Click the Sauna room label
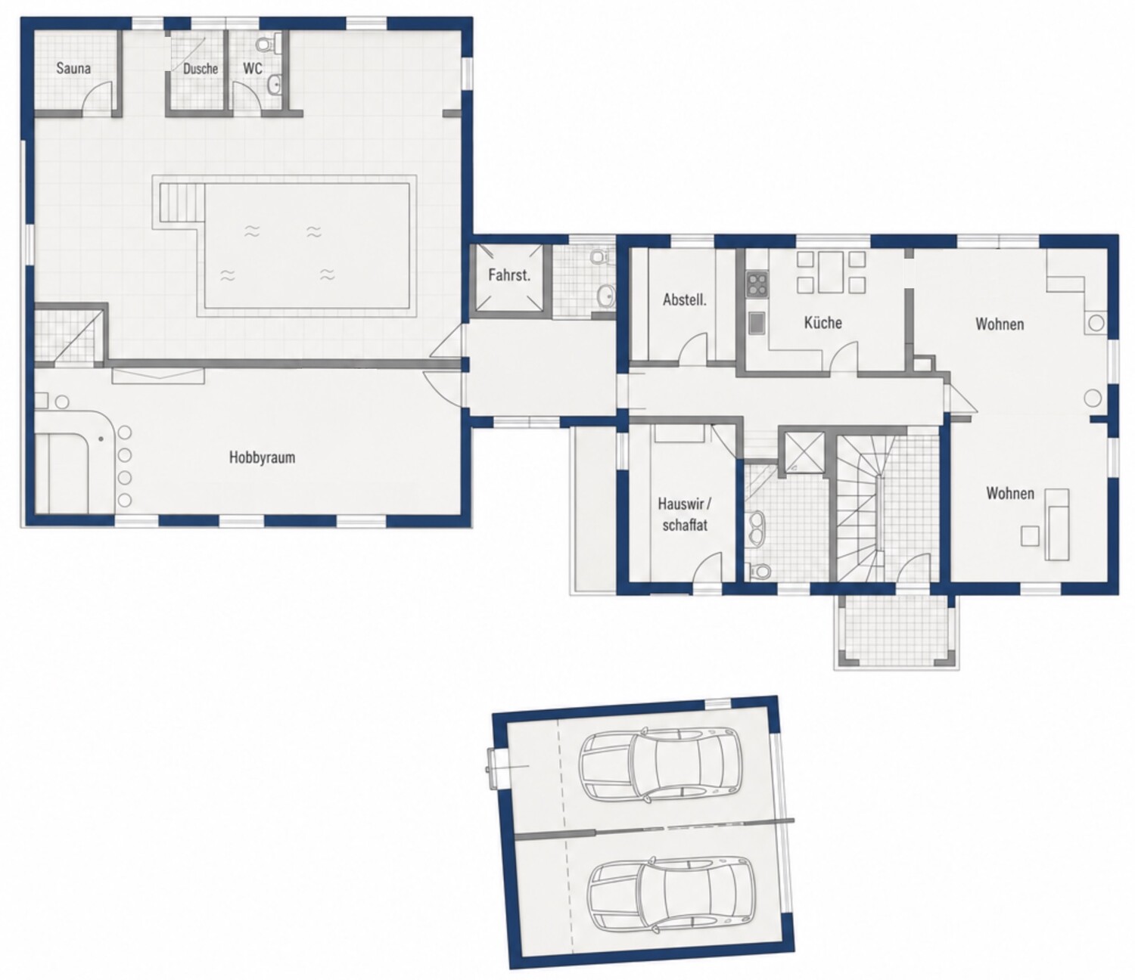pyautogui.click(x=73, y=69)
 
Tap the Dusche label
pyautogui.click(x=201, y=69)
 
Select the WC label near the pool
pyautogui.click(x=253, y=69)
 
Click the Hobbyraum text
pyautogui.click(x=262, y=457)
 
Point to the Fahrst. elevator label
pyautogui.click(x=509, y=275)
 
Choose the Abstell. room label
pyautogui.click(x=684, y=300)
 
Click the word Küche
pyautogui.click(x=822, y=323)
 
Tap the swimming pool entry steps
pyautogui.click(x=182, y=203)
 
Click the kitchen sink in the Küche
pyautogui.click(x=757, y=323)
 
